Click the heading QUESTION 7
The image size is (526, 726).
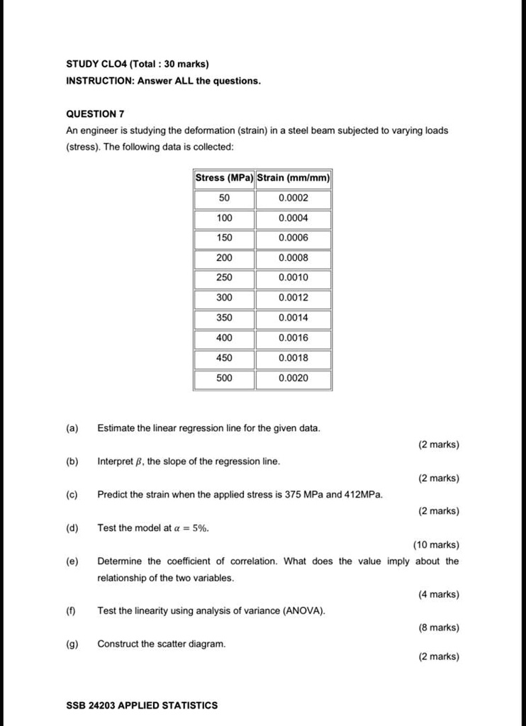[x=95, y=113]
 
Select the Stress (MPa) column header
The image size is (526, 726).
[x=224, y=177]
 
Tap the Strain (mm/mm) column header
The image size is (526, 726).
[x=293, y=177]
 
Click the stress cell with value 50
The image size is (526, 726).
[x=224, y=198]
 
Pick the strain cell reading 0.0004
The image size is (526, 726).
[x=293, y=218]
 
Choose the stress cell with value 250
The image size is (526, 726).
[x=224, y=277]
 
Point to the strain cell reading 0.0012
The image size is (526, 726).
[x=293, y=297]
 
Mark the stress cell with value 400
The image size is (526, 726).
[x=224, y=337]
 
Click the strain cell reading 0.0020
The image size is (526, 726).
[x=293, y=378]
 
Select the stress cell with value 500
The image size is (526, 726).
[x=224, y=378]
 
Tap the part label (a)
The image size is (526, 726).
[x=72, y=428]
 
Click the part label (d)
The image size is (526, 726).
[x=72, y=527]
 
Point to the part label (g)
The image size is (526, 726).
[x=72, y=644]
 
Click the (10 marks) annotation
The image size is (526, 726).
[x=436, y=545]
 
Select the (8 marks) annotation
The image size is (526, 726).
[x=439, y=627]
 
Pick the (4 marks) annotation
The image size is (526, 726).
[x=439, y=595]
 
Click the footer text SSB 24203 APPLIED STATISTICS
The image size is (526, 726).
[x=142, y=705]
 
